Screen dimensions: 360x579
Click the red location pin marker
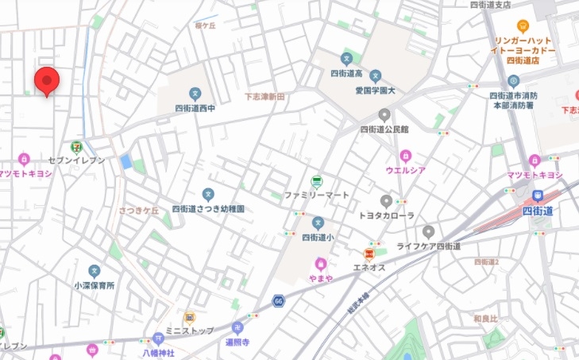click(x=47, y=81)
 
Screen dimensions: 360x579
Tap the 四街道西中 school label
click(x=195, y=108)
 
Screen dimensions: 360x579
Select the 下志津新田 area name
click(x=264, y=96)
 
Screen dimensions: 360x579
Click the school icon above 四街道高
click(x=346, y=59)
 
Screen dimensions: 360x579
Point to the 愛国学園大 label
click(x=375, y=91)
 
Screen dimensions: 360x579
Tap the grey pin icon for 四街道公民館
click(x=384, y=114)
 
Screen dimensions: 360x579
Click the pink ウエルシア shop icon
click(x=406, y=156)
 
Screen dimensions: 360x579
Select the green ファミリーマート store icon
click(x=316, y=181)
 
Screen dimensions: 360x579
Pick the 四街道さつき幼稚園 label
click(x=208, y=208)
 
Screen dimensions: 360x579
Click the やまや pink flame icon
click(x=321, y=262)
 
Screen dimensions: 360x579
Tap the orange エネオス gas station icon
click(x=369, y=254)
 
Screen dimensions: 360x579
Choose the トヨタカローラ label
click(x=387, y=215)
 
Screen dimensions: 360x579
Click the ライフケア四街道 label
click(x=429, y=246)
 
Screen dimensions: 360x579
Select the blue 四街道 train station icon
click(x=538, y=196)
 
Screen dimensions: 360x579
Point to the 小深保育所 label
click(x=95, y=285)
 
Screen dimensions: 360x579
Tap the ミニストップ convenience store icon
click(x=190, y=317)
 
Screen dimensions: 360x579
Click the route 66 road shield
click(x=278, y=300)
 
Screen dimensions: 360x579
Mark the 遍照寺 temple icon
click(x=237, y=327)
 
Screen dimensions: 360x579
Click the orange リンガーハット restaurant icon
click(x=523, y=25)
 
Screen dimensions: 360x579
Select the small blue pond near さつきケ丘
click(x=125, y=162)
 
